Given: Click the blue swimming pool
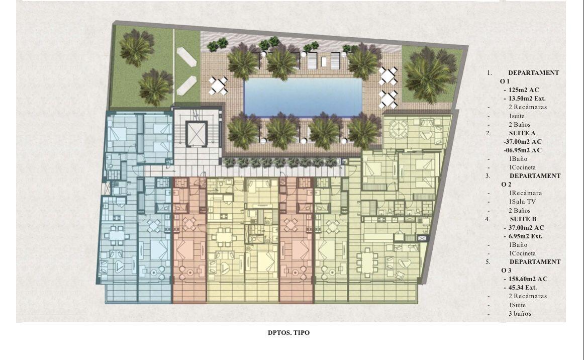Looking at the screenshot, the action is pyautogui.click(x=303, y=96).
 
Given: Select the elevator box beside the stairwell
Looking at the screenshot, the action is pyautogui.click(x=196, y=133).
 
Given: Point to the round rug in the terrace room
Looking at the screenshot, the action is pyautogui.click(x=399, y=130).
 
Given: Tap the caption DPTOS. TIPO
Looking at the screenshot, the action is pyautogui.click(x=288, y=332).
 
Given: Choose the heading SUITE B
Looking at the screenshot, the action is pyautogui.click(x=523, y=219).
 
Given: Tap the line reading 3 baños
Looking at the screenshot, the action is pyautogui.click(x=520, y=313).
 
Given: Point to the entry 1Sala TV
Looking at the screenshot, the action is pyautogui.click(x=522, y=202).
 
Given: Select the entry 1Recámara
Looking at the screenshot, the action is pyautogui.click(x=525, y=193).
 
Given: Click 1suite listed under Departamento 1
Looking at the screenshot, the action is pyautogui.click(x=517, y=116).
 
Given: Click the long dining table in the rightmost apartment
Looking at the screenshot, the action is pyautogui.click(x=367, y=263).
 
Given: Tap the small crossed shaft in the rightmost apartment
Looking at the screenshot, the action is pyautogui.click(x=422, y=238).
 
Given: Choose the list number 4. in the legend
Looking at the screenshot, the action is pyautogui.click(x=488, y=219).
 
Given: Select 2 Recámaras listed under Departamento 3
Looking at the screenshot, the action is pyautogui.click(x=528, y=296).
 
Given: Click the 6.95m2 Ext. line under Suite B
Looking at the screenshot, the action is pyautogui.click(x=525, y=236).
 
